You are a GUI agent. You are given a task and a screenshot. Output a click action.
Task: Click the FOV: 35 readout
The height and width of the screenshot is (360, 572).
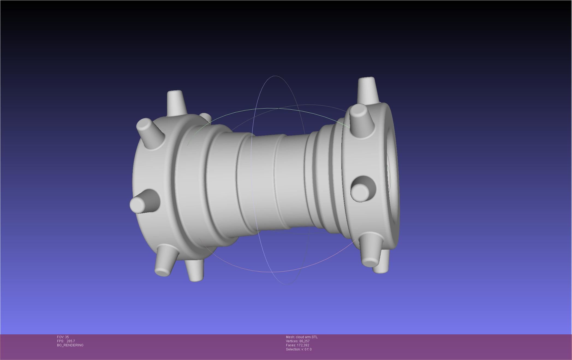[63, 337]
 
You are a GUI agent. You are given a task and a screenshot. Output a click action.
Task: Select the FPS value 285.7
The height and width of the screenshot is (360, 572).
[70, 341]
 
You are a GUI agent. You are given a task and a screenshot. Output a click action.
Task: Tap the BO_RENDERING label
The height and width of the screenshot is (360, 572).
[70, 345]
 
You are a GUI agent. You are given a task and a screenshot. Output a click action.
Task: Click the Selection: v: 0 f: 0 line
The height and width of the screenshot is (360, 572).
[299, 349]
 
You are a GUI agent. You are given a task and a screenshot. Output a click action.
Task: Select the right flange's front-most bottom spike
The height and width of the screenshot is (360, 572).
[370, 251]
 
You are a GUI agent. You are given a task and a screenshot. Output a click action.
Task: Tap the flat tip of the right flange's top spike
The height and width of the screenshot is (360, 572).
[366, 80]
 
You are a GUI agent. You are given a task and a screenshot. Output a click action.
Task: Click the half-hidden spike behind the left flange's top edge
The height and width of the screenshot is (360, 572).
[206, 118]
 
